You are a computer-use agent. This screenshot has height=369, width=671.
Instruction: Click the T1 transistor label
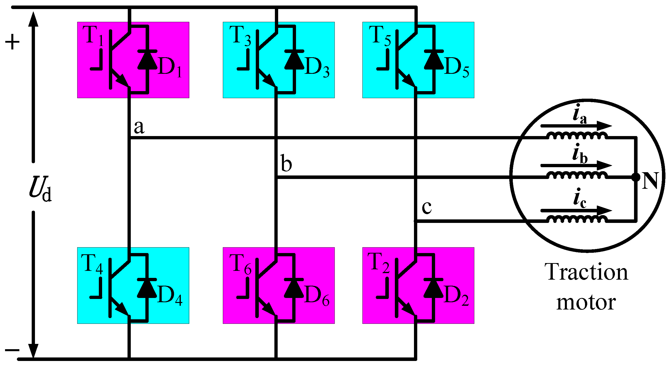(93, 36)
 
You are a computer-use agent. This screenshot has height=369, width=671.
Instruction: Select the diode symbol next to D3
(294, 60)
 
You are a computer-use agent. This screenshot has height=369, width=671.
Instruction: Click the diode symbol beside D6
(293, 289)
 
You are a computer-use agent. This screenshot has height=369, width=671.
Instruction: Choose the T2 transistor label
(378, 263)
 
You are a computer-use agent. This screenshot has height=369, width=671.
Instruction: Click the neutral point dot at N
(636, 177)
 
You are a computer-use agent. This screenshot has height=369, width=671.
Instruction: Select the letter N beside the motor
(650, 180)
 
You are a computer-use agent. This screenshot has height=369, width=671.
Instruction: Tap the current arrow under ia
(576, 126)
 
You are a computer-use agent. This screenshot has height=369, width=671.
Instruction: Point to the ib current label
(579, 154)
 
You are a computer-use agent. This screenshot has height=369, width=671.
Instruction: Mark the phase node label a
(139, 127)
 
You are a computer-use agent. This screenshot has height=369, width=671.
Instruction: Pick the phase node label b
(286, 163)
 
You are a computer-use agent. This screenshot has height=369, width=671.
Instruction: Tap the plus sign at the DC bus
(12, 42)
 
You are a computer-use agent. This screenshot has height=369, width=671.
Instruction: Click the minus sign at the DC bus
(12, 350)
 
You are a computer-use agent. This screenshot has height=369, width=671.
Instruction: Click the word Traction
(586, 273)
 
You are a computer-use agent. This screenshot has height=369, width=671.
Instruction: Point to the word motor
(586, 302)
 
